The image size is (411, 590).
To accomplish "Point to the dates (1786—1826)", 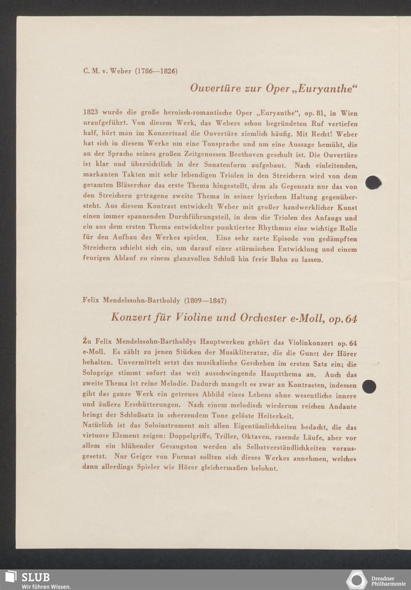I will click(x=156, y=71).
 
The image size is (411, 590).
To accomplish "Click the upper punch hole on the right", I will click(x=372, y=182).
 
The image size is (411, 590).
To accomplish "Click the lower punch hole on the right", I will click(x=369, y=386).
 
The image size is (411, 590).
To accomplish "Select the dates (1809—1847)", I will click(x=205, y=300).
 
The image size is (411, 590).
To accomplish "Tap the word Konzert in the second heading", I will click(x=130, y=318).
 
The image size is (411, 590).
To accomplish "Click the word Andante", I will click(x=342, y=406).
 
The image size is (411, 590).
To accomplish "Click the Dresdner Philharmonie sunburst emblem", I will click(x=357, y=580).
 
